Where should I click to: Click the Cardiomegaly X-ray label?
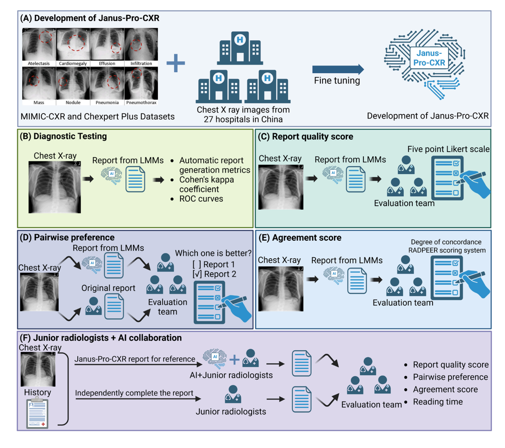coord(73,63)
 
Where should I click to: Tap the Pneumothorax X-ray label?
coord(141,103)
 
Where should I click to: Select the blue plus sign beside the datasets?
coord(176,63)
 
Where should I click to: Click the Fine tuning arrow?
coord(338,69)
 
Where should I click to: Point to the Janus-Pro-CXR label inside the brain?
coord(429,58)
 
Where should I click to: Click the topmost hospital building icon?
coord(240,48)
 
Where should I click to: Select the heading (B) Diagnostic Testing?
coord(64,137)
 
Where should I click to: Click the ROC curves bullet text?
coord(201,199)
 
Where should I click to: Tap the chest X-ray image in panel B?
coord(55,187)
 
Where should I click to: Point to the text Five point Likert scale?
coord(448,149)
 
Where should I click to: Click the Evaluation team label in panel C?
coord(404,203)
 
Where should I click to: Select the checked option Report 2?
coord(214,274)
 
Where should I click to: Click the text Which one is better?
coord(213,253)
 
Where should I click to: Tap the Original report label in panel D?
coord(108,288)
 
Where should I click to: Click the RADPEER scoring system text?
coord(447,250)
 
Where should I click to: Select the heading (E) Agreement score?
coord(300,238)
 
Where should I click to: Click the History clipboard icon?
coord(37,413)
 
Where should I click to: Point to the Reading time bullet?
coord(437,402)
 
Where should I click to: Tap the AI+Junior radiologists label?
coord(231,375)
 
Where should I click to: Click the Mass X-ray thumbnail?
coord(39,83)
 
